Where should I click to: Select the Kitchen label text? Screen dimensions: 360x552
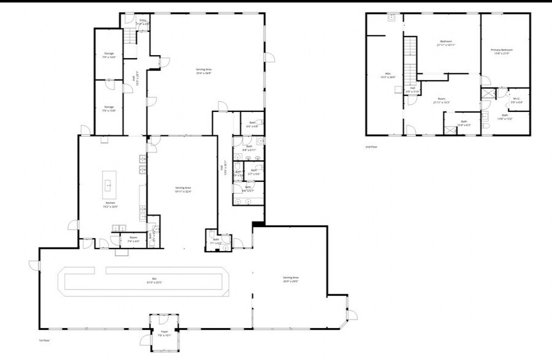(x=111, y=204)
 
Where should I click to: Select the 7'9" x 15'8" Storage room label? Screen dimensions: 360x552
(x=108, y=108)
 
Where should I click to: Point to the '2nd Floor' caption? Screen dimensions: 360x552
(x=371, y=147)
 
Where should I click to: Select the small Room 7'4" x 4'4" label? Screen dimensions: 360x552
(x=133, y=239)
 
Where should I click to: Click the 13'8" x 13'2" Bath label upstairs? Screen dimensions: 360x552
(x=505, y=116)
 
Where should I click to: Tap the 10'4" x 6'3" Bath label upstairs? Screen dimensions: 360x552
(x=464, y=123)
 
